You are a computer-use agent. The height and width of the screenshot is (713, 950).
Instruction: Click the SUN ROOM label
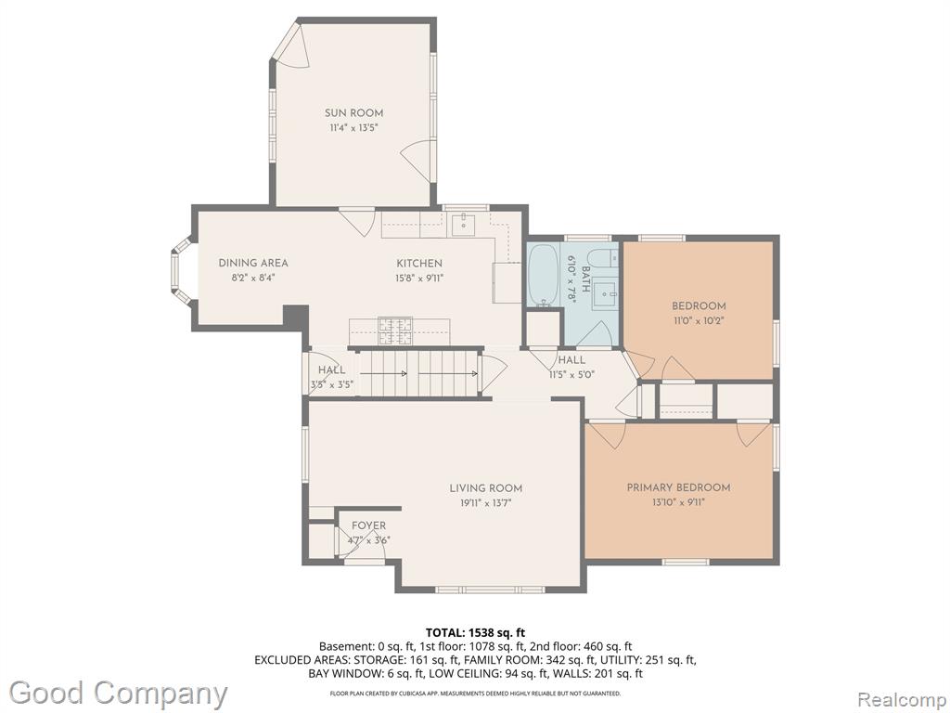(x=353, y=112)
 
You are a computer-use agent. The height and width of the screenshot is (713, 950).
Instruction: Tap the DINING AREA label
(x=253, y=263)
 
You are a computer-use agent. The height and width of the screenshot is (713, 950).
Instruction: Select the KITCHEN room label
(x=419, y=263)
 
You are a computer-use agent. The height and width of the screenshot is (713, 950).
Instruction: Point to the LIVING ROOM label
(x=486, y=488)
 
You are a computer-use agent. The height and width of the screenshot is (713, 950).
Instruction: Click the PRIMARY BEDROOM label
(x=678, y=487)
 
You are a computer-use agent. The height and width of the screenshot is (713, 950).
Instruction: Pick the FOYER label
(x=368, y=525)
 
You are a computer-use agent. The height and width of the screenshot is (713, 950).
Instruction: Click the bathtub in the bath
(x=544, y=274)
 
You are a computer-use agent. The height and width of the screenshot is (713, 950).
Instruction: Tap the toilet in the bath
(x=603, y=258)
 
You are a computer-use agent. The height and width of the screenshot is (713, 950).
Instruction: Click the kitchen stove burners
(x=395, y=331)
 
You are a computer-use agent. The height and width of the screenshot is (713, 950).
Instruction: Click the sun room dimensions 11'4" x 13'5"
(x=353, y=128)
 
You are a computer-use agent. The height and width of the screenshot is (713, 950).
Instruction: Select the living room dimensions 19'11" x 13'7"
(x=486, y=502)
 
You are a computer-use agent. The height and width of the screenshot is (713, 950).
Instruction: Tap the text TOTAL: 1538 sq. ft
(x=476, y=634)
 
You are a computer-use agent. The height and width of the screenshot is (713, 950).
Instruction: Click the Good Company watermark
(x=118, y=693)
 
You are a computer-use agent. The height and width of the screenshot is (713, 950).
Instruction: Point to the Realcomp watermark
(x=900, y=699)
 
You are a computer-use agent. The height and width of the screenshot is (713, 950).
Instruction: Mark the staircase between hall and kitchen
(x=419, y=373)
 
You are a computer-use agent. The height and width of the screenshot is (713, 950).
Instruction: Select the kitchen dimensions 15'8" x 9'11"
(x=419, y=279)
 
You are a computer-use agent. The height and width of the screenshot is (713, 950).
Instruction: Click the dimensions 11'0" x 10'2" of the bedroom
(x=699, y=320)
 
